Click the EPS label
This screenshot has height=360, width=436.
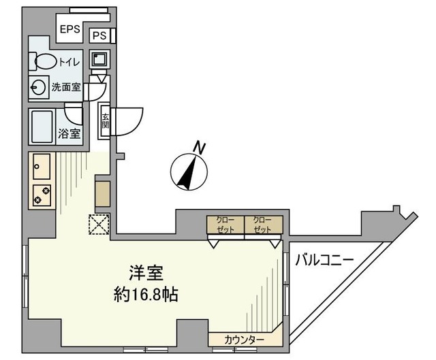[x=69, y=29]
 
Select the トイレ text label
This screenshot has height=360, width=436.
[x=69, y=63]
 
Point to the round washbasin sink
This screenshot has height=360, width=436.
[x=37, y=86]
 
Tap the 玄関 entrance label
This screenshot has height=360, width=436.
[x=106, y=122]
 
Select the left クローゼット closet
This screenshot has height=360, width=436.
[x=225, y=225]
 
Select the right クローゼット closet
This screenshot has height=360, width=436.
[x=262, y=225]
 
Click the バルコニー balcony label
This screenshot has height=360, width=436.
[x=324, y=259]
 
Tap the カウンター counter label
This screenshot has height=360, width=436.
[x=244, y=338]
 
